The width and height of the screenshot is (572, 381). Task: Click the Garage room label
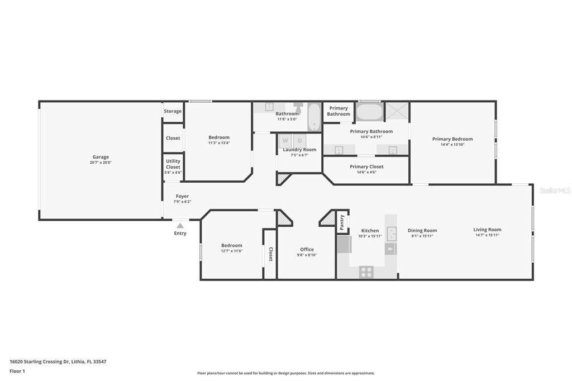(x=101, y=157)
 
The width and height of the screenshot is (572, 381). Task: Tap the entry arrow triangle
(x=180, y=226)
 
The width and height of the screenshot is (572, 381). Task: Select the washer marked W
(x=285, y=141)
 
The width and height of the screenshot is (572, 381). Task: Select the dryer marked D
(x=300, y=141)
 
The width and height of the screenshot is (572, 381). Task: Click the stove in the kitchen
(x=366, y=272)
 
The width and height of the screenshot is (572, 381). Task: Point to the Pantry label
(x=342, y=222)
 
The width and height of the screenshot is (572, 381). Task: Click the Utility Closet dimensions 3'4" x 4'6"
(x=173, y=173)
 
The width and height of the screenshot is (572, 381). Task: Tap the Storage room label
(x=173, y=111)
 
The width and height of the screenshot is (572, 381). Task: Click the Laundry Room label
(x=299, y=150)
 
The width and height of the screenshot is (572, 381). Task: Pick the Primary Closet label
(x=366, y=167)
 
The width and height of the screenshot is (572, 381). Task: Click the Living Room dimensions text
(x=487, y=235)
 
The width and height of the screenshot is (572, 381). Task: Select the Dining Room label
(x=422, y=230)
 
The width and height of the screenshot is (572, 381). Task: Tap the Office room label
(x=307, y=250)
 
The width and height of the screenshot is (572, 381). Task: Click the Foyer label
(x=183, y=196)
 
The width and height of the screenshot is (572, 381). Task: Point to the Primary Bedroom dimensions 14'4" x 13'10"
(x=452, y=145)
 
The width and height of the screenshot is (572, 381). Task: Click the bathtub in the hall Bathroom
(x=314, y=117)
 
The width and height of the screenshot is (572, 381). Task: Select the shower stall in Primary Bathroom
(x=397, y=112)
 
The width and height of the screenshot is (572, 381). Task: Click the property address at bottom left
(x=58, y=361)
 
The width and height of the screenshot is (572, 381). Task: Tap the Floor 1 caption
(x=17, y=371)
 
